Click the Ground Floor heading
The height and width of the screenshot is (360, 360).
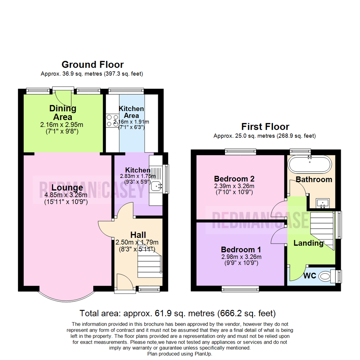(x=93, y=65)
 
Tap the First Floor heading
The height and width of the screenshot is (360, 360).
(x=265, y=127)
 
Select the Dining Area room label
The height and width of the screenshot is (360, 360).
(x=63, y=113)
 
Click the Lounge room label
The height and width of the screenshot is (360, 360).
(x=67, y=187)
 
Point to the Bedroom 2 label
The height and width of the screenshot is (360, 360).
(x=234, y=179)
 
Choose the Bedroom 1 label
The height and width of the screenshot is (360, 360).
(x=241, y=249)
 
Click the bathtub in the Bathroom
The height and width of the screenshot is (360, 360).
(x=310, y=164)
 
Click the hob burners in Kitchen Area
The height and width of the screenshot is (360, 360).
(x=112, y=121)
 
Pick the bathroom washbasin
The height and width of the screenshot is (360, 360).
(x=323, y=203)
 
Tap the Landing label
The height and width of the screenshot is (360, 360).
(x=309, y=243)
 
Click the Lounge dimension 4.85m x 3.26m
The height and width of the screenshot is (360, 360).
(x=66, y=195)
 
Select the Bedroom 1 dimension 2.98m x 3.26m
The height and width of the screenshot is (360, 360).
(x=241, y=257)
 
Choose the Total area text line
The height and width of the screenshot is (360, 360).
(x=177, y=313)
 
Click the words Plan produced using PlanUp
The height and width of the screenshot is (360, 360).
(x=180, y=354)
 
